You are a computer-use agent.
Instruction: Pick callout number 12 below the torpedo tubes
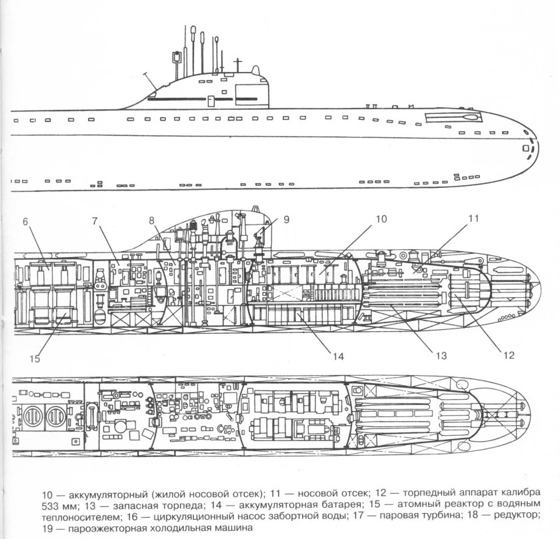point(509,354)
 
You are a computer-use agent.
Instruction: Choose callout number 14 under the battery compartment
point(339,356)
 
